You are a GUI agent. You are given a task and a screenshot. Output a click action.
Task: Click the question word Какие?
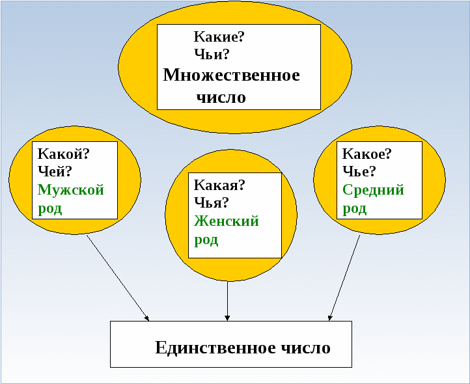(219, 37)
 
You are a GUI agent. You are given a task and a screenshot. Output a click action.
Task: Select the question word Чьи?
(212, 54)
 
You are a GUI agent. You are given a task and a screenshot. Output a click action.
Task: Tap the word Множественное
(231, 75)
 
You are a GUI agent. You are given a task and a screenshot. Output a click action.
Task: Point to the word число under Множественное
(221, 98)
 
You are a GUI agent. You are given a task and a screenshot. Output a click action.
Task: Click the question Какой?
(64, 154)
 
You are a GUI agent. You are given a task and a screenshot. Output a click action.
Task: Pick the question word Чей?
(55, 171)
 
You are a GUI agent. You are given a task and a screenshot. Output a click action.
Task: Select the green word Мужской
(71, 191)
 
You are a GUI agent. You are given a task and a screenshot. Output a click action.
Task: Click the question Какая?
(219, 185)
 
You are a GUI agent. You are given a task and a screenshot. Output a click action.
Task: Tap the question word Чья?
(212, 202)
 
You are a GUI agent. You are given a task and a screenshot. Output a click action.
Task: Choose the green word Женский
(227, 221)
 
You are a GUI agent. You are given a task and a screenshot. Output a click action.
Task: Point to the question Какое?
(367, 154)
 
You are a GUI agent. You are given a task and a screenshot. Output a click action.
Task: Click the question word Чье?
(359, 171)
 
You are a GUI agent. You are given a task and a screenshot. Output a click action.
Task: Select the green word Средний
(373, 191)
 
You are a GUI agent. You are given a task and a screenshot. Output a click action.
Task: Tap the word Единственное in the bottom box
(215, 348)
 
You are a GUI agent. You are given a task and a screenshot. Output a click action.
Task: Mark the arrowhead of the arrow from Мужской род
(147, 319)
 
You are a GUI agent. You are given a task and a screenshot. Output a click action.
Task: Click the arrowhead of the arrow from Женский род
(227, 318)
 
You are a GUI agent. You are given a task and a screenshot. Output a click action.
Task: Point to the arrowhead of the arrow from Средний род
(330, 318)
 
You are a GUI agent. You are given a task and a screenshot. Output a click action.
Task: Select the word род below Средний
(354, 209)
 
